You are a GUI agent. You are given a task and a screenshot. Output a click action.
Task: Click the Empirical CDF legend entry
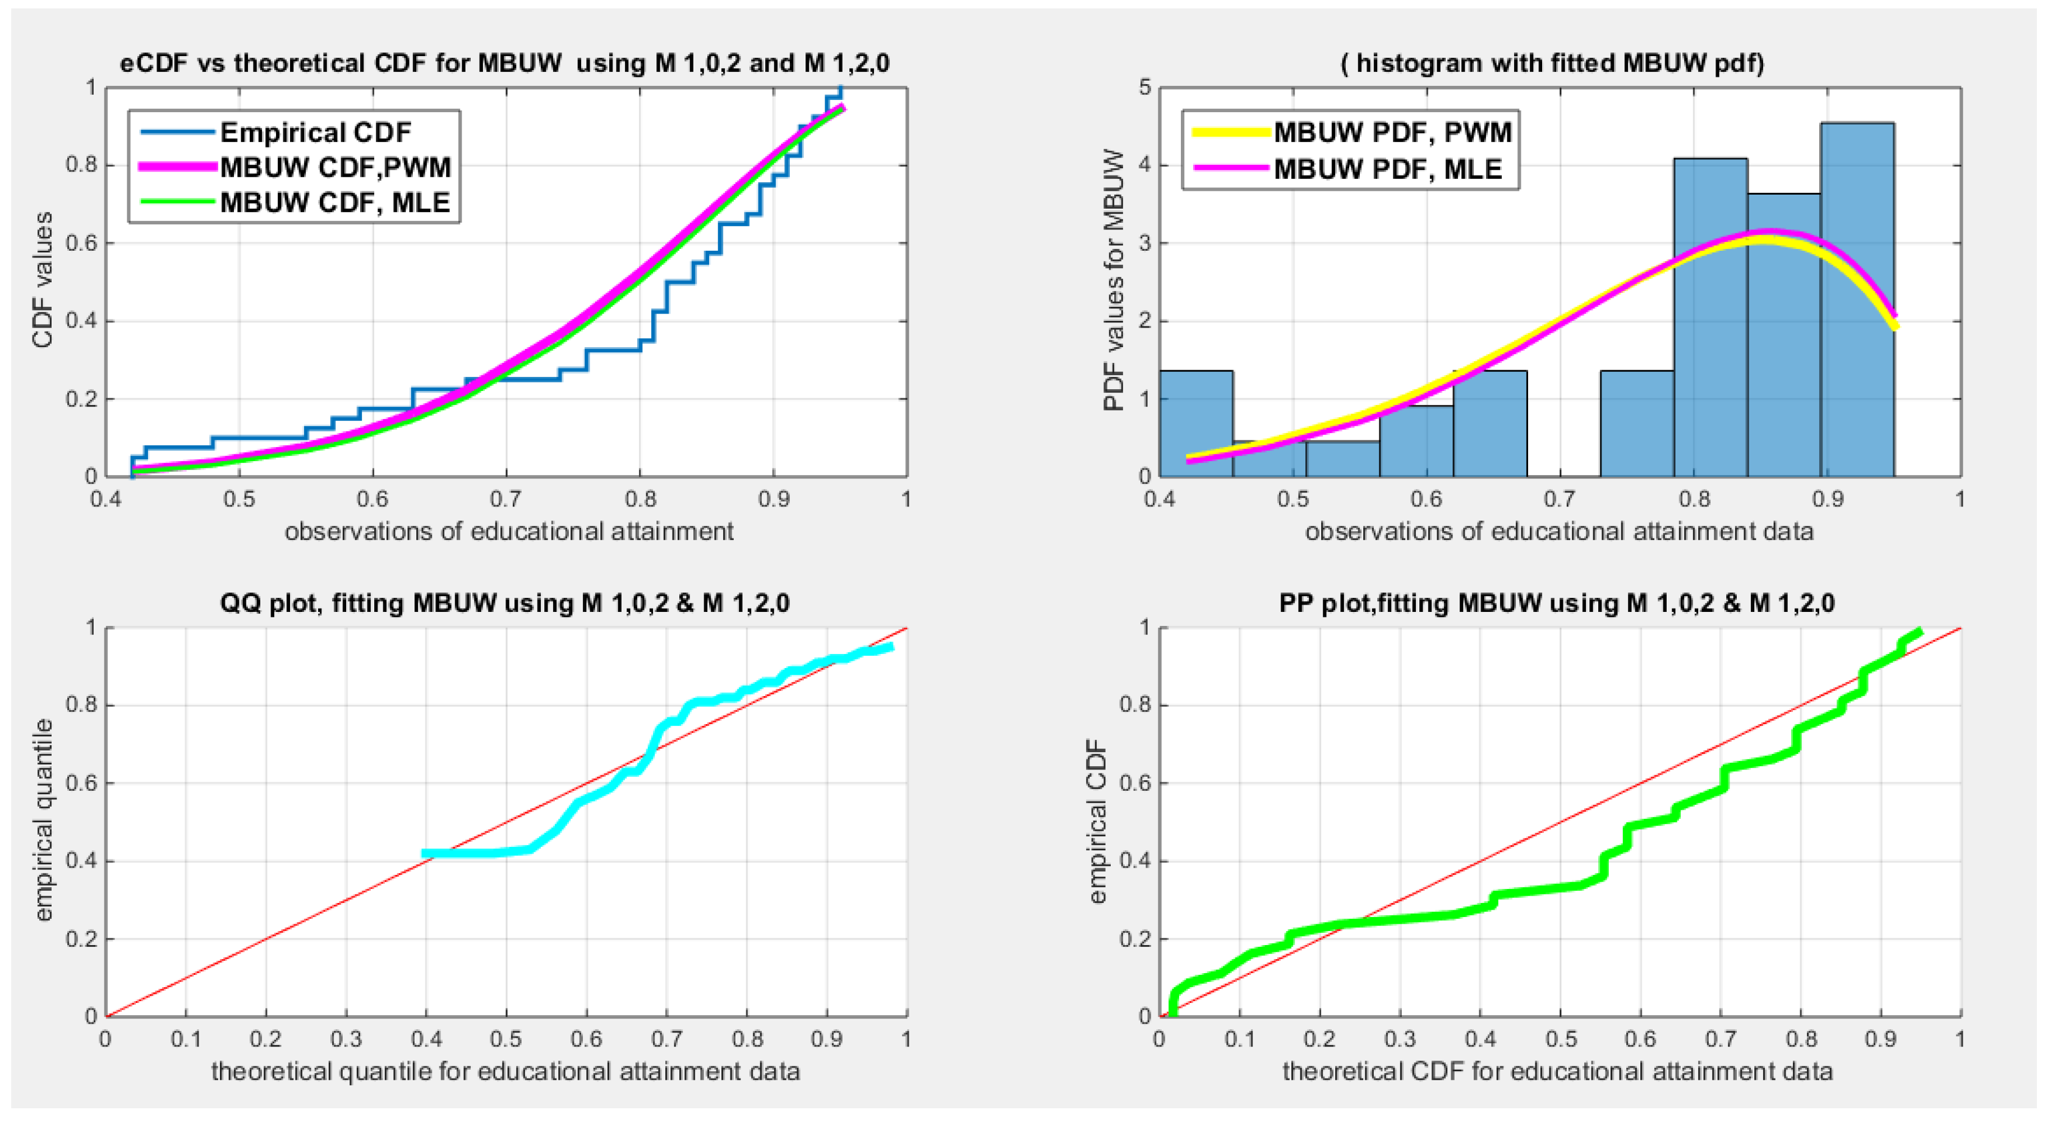[x=315, y=132]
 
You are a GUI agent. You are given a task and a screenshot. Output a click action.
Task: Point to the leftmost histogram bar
[x=1195, y=423]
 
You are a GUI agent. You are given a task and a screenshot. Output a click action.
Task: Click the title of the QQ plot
[x=504, y=602]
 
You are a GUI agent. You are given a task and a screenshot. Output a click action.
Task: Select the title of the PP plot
[x=1556, y=602]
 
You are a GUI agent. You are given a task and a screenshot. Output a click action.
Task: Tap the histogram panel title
[x=1552, y=62]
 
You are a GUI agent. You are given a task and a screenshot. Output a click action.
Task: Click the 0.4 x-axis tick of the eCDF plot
[x=105, y=499]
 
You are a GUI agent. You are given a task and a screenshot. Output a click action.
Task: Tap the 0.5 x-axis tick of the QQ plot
[x=506, y=1039]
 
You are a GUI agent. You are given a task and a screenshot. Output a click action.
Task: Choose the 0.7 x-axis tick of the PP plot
[x=1721, y=1039]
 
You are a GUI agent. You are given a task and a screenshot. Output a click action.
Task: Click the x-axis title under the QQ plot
[x=505, y=1071]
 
